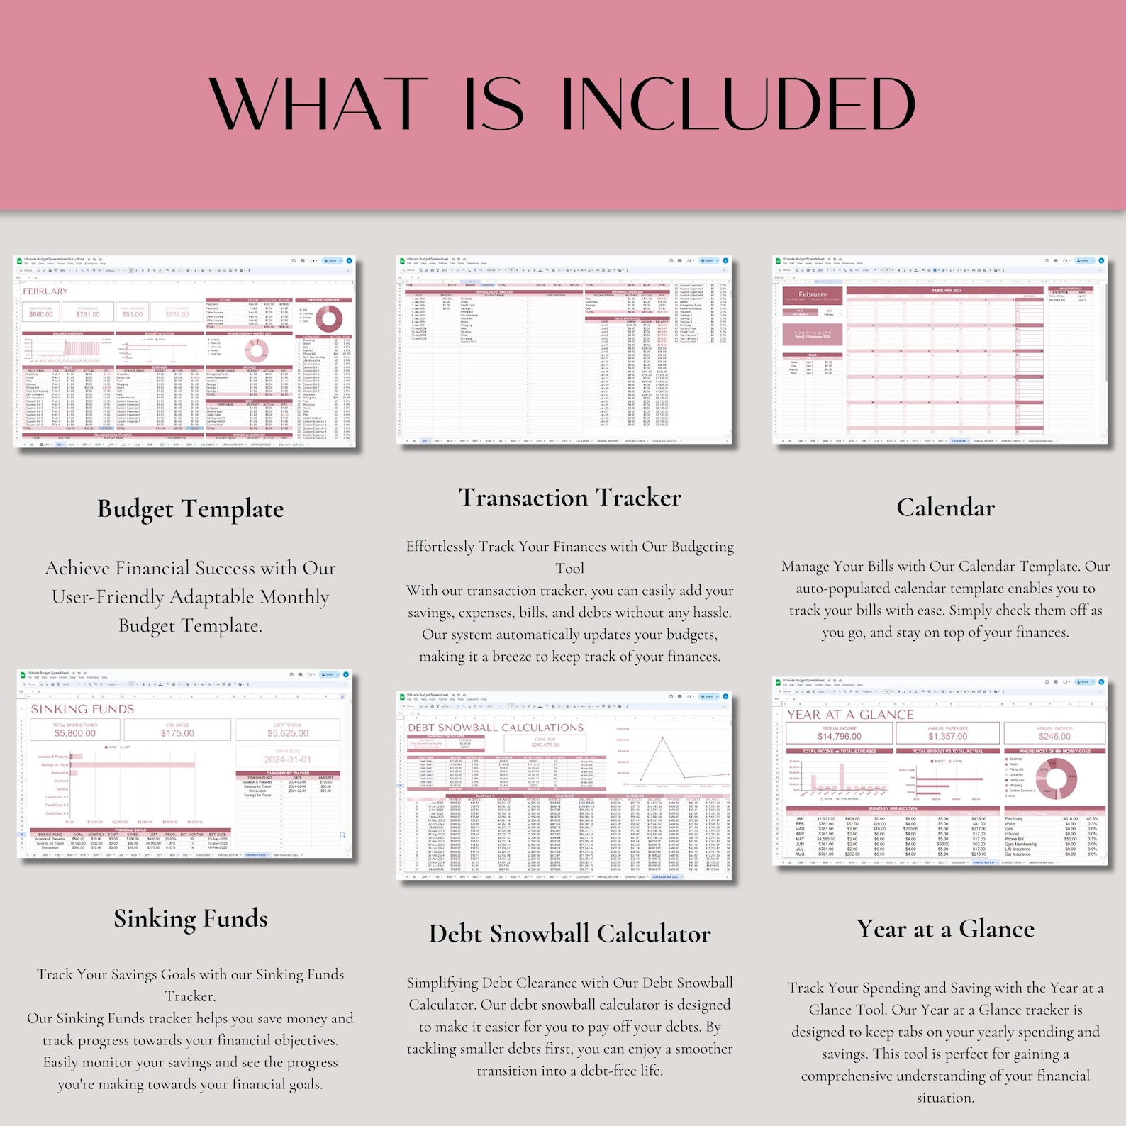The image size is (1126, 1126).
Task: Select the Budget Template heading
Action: click(x=190, y=509)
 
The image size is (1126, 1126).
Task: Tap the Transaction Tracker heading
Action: click(x=569, y=498)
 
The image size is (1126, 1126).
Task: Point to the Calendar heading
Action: click(x=945, y=508)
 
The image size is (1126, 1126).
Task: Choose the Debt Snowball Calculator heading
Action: click(x=569, y=934)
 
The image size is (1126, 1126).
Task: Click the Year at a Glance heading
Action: click(x=945, y=929)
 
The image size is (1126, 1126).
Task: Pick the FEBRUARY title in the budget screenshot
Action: click(x=45, y=291)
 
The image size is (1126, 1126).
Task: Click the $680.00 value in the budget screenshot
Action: click(x=41, y=314)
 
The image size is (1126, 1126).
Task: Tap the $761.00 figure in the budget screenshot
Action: click(x=88, y=314)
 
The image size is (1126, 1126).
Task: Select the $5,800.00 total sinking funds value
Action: click(x=75, y=733)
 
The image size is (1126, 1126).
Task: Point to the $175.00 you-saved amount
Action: click(x=177, y=733)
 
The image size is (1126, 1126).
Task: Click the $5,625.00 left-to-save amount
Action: click(x=288, y=733)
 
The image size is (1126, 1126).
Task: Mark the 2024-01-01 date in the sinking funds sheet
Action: click(x=288, y=759)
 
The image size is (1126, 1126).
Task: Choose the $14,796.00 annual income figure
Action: click(x=839, y=737)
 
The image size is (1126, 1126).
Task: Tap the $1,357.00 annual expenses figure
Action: click(x=947, y=737)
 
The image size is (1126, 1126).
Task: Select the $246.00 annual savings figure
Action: click(x=1054, y=737)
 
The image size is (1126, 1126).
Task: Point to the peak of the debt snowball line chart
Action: click(x=662, y=738)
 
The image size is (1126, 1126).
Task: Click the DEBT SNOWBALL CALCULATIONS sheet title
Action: click(x=496, y=728)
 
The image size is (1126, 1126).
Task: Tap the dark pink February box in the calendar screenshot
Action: click(x=813, y=295)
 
